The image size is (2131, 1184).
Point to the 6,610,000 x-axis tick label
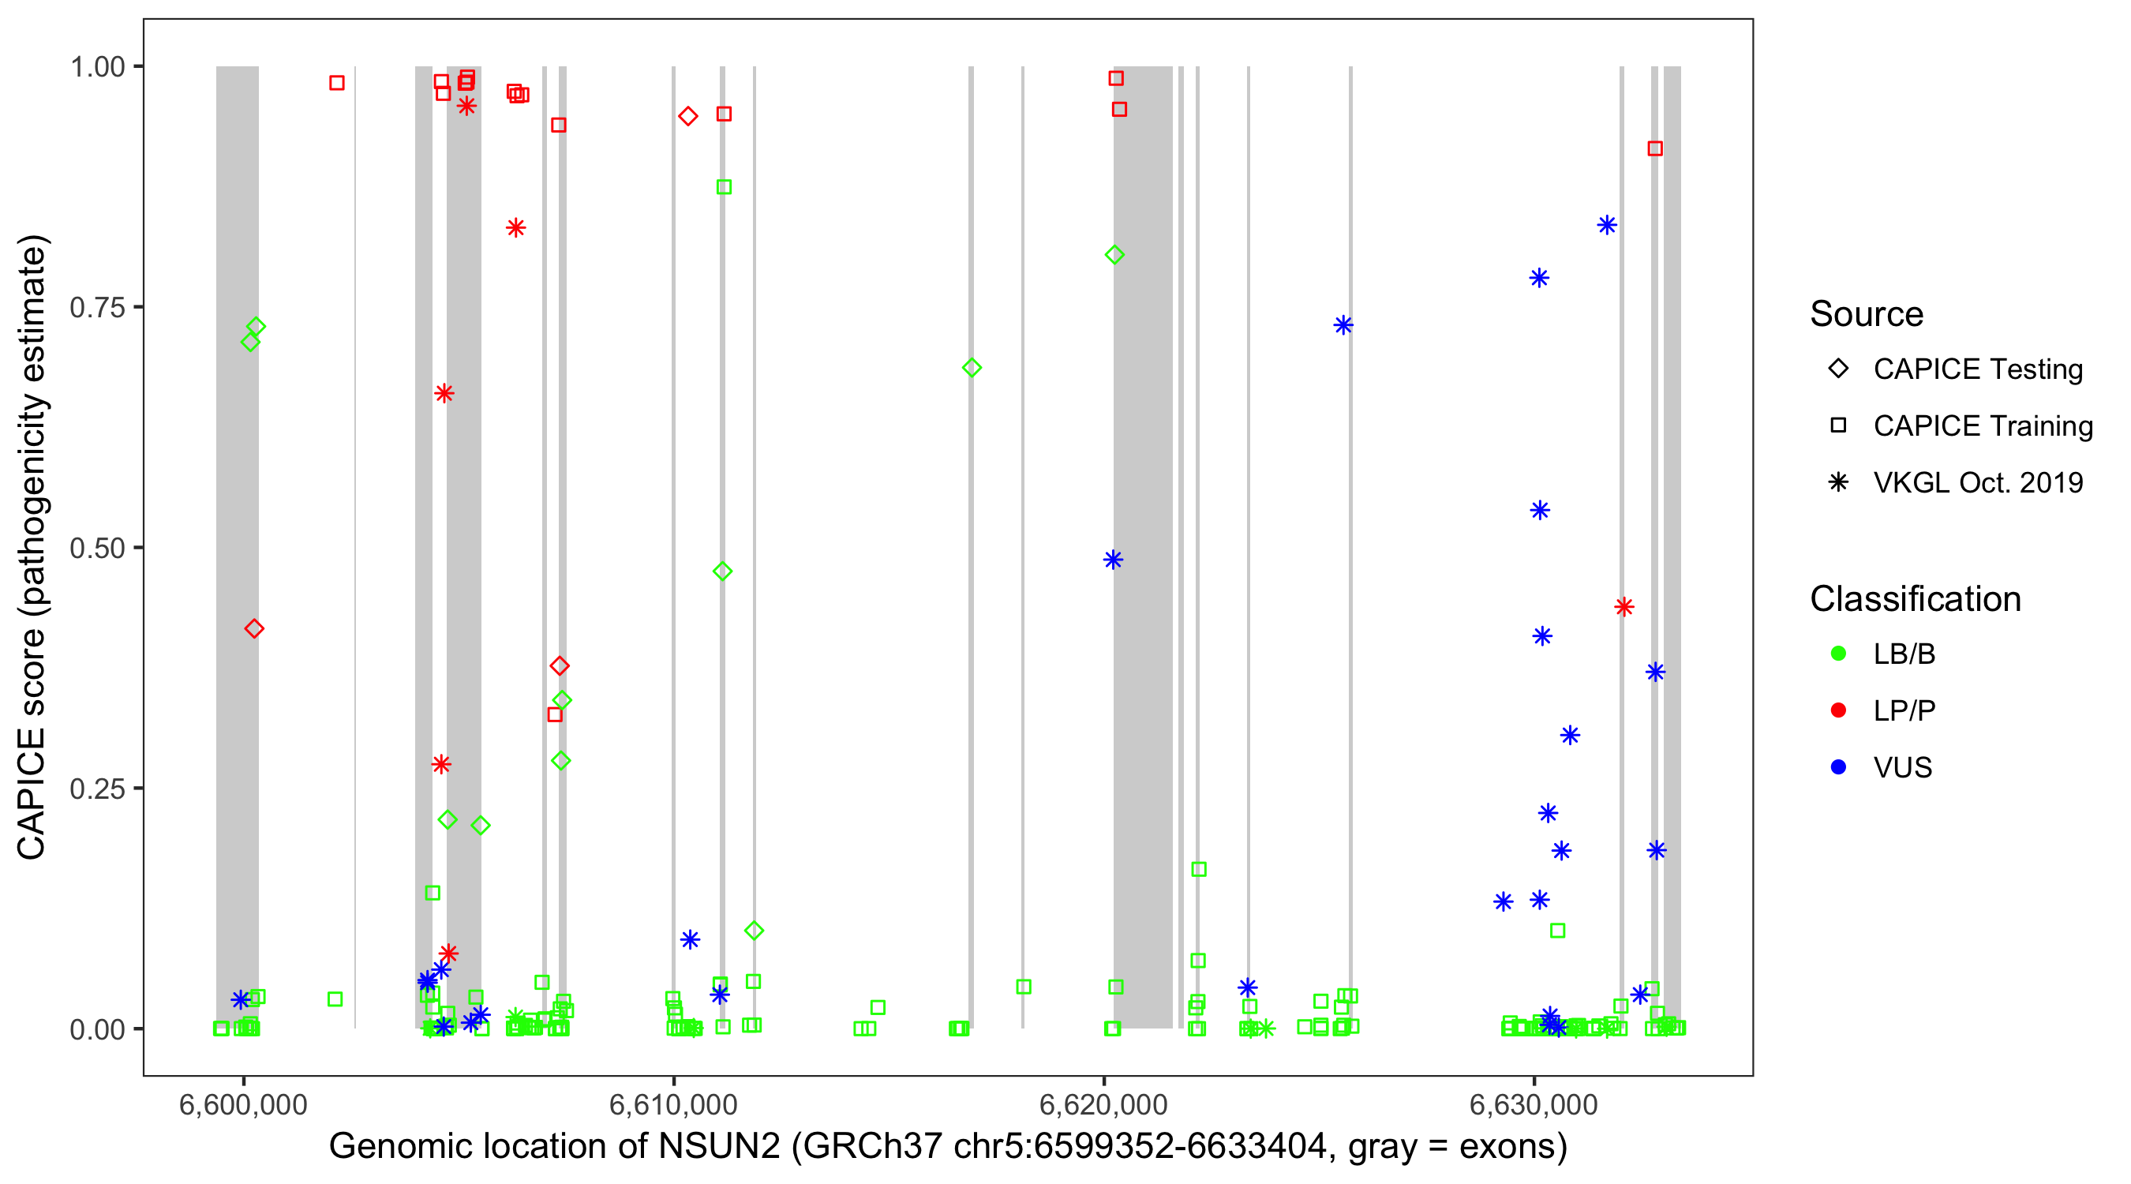click(672, 1104)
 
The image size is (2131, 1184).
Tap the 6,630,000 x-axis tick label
click(1534, 1104)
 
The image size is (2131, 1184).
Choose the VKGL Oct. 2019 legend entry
click(1977, 482)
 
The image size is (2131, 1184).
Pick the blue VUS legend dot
click(1838, 767)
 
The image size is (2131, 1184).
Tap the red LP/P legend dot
click(1838, 710)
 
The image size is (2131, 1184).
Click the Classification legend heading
click(1915, 598)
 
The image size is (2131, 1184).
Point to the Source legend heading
click(1867, 313)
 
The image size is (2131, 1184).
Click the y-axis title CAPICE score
click(33, 547)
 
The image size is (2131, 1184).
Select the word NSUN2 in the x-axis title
click(719, 1146)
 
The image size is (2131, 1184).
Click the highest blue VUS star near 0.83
click(1606, 225)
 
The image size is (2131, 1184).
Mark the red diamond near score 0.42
click(254, 629)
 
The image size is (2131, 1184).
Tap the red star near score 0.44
click(1624, 607)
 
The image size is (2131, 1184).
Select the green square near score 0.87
click(724, 187)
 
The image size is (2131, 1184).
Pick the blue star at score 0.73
click(1343, 325)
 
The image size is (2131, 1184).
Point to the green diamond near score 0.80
click(1114, 255)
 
